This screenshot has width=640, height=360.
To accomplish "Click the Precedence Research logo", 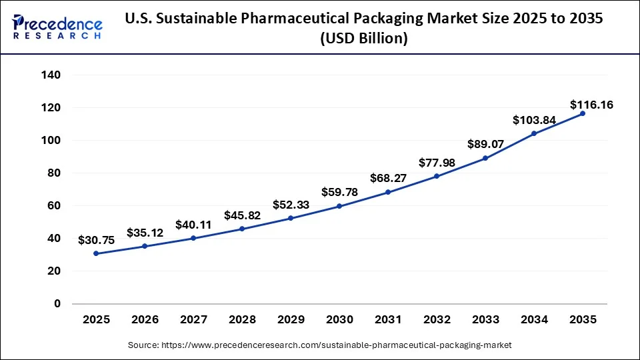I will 57,27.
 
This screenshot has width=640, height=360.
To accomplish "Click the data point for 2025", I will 96,253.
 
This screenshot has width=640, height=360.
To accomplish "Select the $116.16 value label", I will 591,105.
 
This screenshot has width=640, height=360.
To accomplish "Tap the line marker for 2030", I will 339,206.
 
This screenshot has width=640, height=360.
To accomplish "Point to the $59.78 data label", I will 339,193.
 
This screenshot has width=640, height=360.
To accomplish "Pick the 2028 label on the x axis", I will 242,320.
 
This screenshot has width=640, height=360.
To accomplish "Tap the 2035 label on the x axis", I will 583,320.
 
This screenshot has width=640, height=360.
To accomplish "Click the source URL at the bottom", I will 319,345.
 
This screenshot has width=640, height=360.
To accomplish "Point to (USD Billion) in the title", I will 363,39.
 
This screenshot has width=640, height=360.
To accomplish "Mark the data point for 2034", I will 534,133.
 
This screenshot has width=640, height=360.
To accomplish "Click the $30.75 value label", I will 96,240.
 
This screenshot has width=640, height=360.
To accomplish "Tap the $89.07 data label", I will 485,145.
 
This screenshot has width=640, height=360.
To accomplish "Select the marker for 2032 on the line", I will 437,176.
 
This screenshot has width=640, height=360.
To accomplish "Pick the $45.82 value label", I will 242,215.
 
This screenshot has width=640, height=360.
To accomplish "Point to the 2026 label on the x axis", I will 145,320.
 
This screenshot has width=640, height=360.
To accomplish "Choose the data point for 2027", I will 193,238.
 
